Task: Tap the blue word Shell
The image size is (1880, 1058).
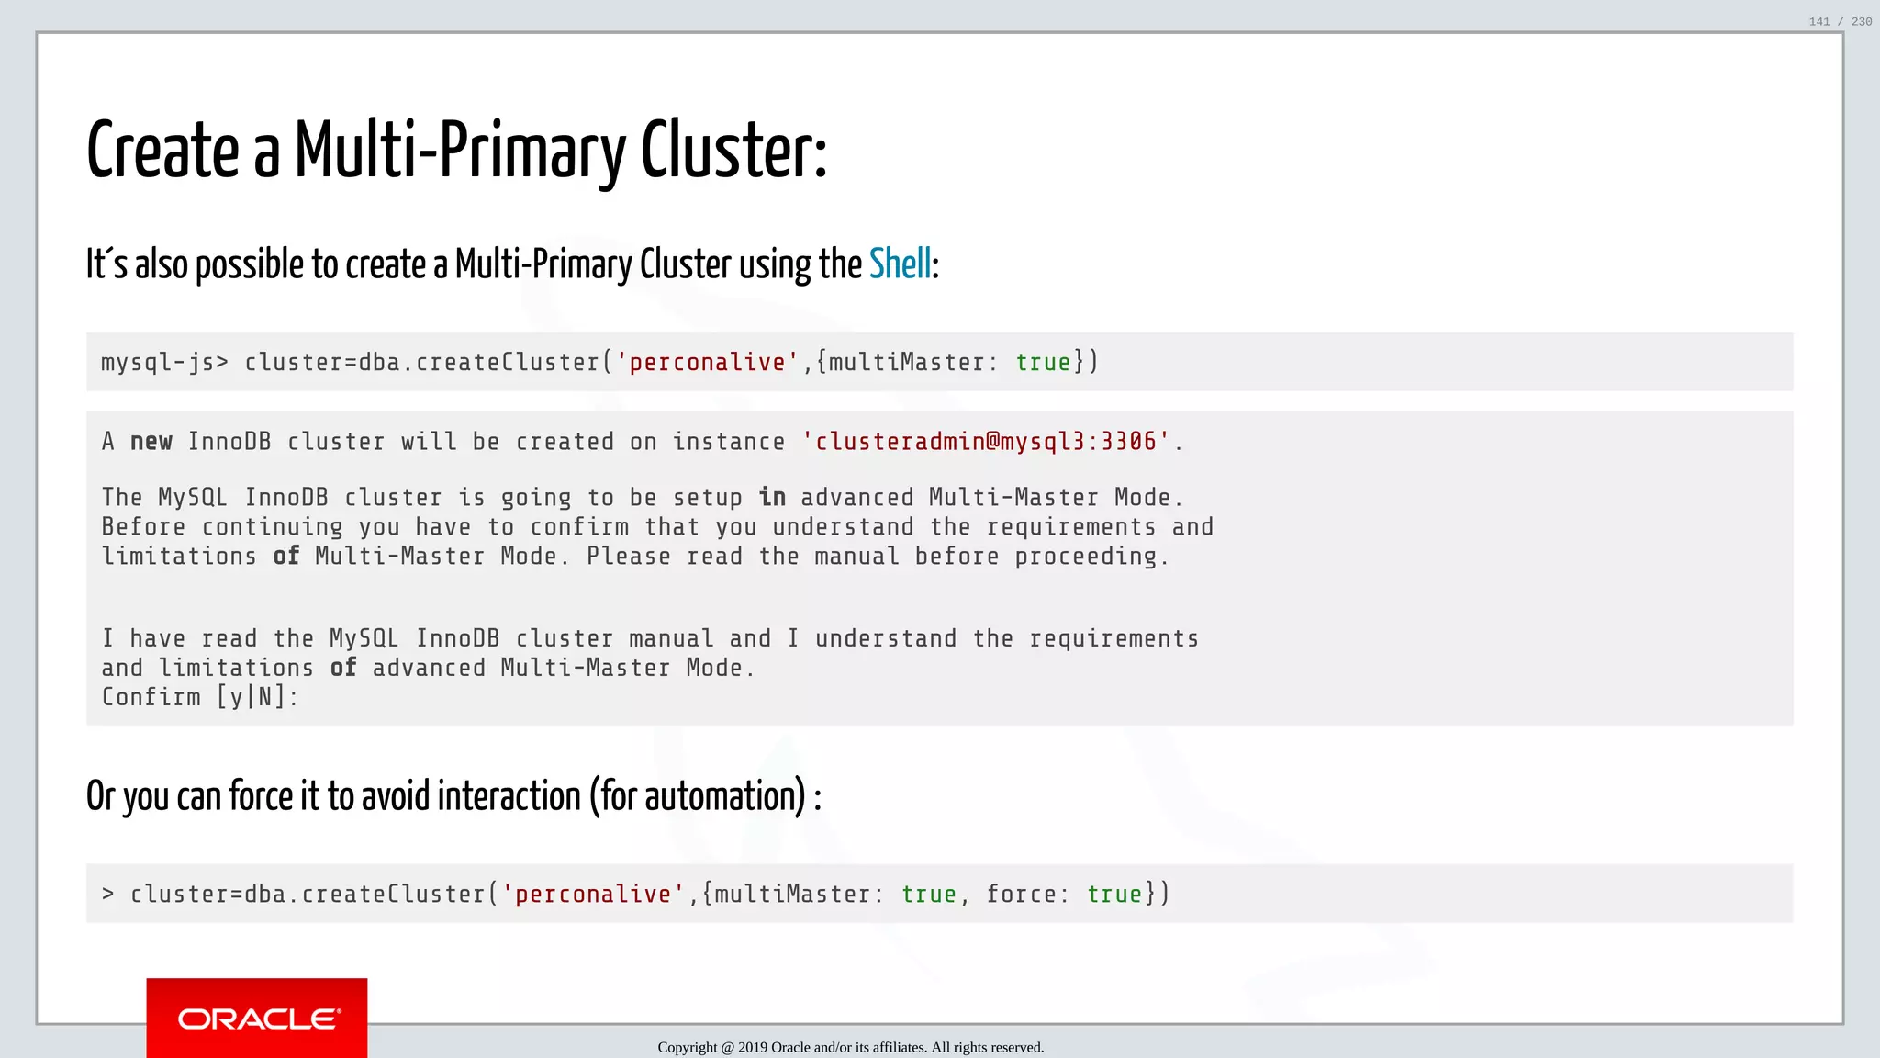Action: tap(900, 264)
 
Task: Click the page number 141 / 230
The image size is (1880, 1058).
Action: tap(1840, 21)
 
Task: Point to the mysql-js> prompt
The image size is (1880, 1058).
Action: tap(164, 363)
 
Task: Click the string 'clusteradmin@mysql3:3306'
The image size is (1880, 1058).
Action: tap(986, 442)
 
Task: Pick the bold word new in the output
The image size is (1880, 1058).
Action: tap(151, 442)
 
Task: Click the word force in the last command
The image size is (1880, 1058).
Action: tap(1021, 895)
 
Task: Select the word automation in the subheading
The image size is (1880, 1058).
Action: tap(703, 796)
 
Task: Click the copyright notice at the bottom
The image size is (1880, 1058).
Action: tap(850, 1047)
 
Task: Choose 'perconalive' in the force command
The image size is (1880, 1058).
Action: tap(593, 895)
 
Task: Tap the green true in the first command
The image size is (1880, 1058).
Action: tap(1043, 363)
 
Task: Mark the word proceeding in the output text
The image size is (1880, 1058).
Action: tap(1091, 557)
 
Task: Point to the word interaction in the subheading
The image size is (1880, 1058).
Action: tap(509, 796)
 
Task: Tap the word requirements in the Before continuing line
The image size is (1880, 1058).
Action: tap(1070, 527)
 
